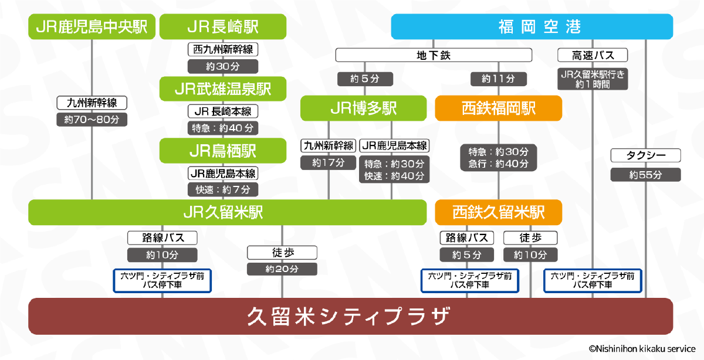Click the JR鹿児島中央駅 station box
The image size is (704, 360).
[92, 27]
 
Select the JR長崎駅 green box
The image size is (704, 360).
[223, 27]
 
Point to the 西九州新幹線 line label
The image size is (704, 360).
[223, 49]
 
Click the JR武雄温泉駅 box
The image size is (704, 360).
[223, 89]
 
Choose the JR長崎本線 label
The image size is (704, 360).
[223, 111]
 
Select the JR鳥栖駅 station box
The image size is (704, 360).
[223, 151]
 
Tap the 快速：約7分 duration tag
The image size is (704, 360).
[223, 189]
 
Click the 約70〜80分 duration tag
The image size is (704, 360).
[92, 120]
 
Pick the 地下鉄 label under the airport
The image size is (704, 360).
[434, 55]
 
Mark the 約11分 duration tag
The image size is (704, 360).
[498, 79]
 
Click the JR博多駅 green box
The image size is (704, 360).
[363, 108]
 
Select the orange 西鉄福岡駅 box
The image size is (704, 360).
[498, 108]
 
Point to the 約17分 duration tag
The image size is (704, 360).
[329, 162]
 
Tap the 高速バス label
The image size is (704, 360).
[593, 55]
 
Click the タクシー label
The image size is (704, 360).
[645, 155]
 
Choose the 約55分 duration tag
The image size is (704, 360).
[645, 175]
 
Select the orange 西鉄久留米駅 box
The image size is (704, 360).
[498, 212]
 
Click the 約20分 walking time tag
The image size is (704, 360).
[282, 269]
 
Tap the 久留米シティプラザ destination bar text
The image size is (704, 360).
[350, 317]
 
